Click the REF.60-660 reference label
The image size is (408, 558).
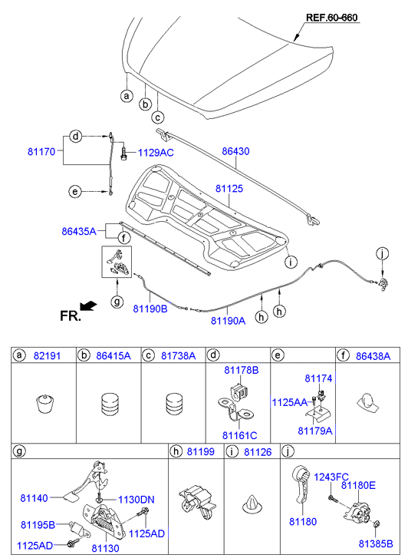point(331,18)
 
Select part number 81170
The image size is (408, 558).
point(41,152)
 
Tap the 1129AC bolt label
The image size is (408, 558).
point(156,153)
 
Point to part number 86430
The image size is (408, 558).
point(236,151)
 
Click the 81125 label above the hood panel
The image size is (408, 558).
point(229,188)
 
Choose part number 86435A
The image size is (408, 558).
point(79,231)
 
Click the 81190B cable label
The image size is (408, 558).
point(150,309)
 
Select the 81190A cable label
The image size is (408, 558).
point(228,321)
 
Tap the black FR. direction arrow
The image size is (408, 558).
point(88,305)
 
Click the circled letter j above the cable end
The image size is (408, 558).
point(383,254)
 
